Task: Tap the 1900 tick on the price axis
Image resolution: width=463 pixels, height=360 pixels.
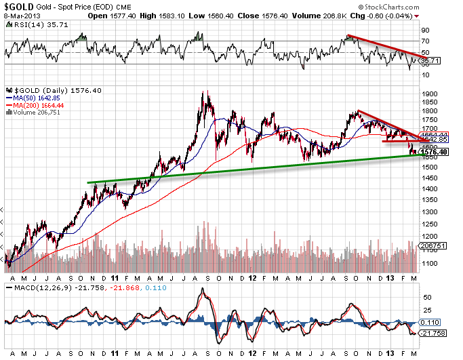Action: [x=428, y=94]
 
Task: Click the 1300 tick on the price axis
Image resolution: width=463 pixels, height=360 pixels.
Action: [x=428, y=212]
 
